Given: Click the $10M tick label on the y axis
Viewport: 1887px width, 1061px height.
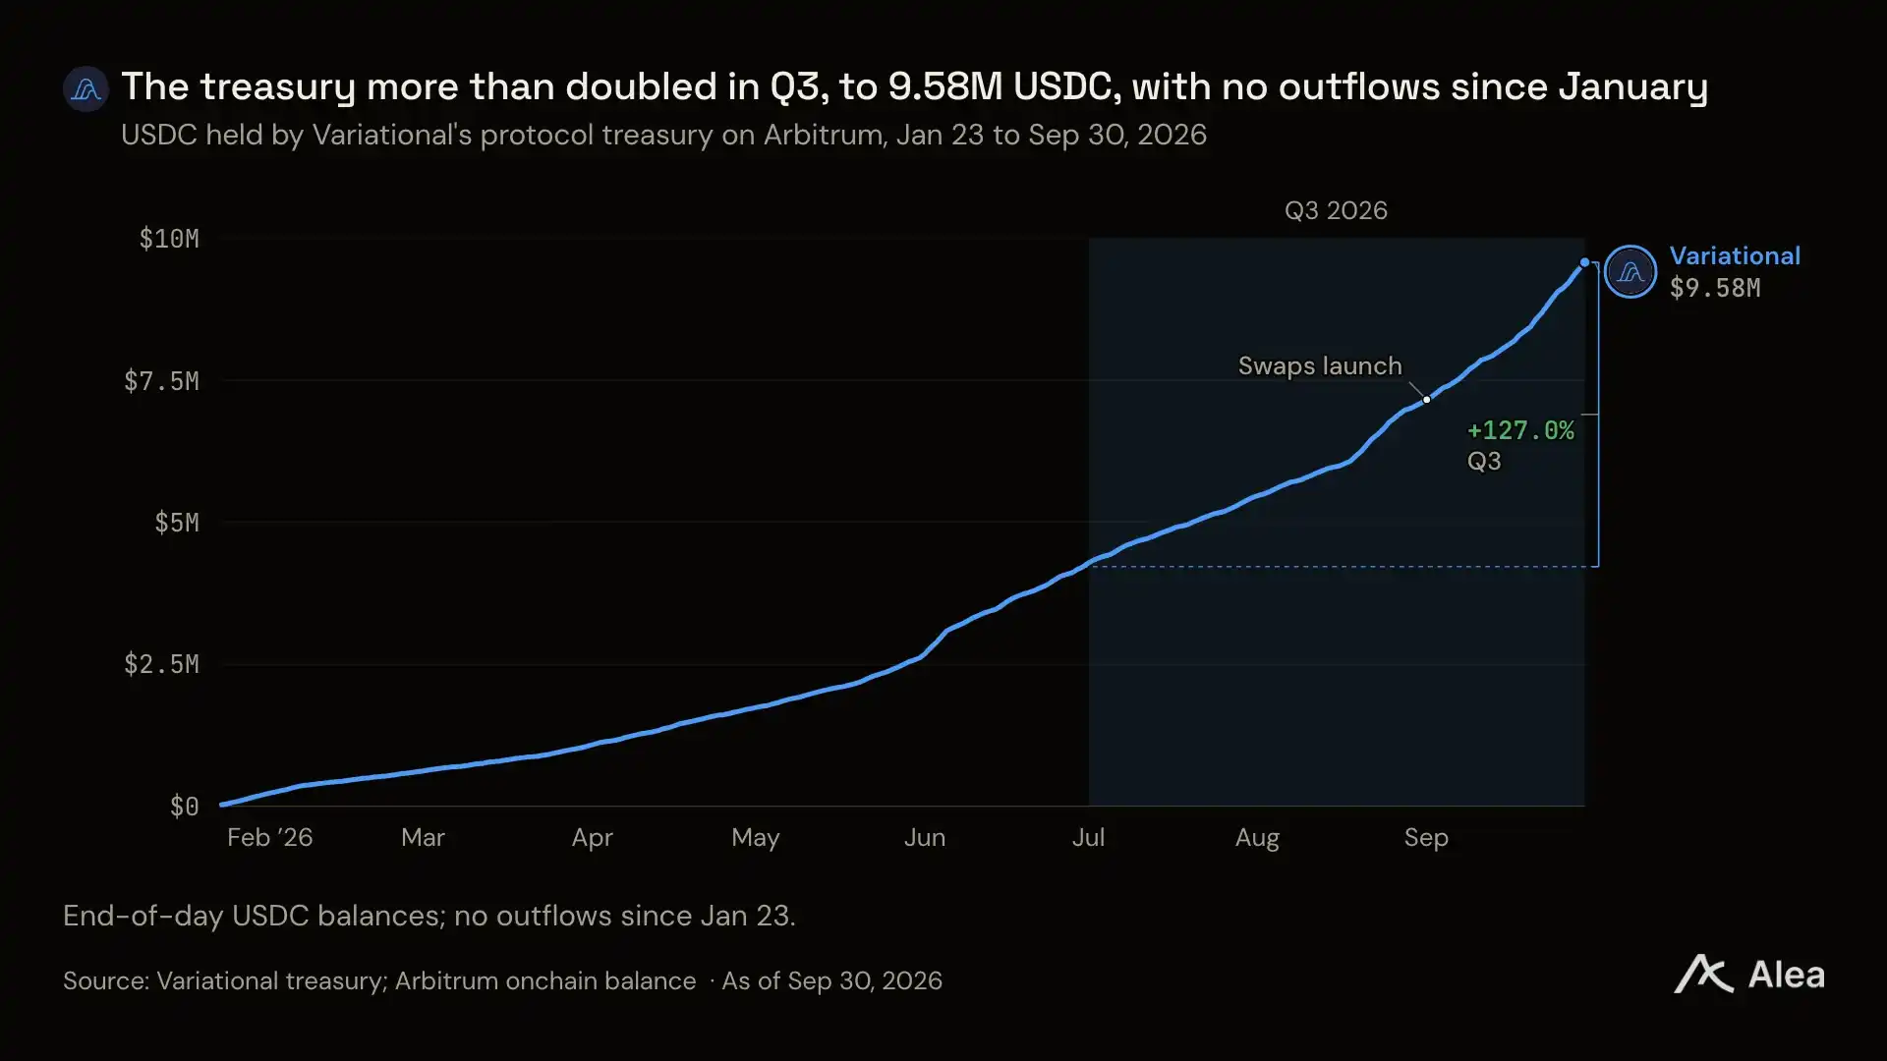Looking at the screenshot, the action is tap(169, 239).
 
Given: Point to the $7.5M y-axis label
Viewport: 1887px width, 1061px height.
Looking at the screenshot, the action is tap(161, 381).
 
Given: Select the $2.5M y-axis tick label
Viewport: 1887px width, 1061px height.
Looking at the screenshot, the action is tap(161, 665).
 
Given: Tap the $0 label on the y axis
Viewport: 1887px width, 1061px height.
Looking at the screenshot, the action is tap(185, 807).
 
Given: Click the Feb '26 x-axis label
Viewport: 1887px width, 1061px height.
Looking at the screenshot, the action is tap(269, 838).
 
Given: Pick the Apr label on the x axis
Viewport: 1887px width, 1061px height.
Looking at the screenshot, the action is tap(592, 838).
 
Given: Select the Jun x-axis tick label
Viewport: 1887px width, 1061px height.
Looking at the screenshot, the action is tap(925, 838).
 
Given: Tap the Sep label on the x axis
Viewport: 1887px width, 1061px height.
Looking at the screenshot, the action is tap(1426, 838).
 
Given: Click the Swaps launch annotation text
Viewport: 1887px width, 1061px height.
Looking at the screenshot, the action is tap(1320, 366).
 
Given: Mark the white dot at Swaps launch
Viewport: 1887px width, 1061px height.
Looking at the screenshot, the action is tap(1427, 400).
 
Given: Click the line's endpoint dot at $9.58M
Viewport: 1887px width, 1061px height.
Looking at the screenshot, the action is tap(1584, 262).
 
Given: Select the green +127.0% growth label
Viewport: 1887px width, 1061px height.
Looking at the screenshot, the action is tap(1520, 430).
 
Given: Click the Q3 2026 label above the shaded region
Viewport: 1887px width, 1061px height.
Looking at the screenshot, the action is tap(1336, 211).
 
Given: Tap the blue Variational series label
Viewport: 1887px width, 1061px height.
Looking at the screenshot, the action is tap(1735, 256).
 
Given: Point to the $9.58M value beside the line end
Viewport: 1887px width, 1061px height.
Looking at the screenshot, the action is tap(1715, 288).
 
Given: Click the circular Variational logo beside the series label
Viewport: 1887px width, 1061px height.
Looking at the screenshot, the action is tap(1630, 272).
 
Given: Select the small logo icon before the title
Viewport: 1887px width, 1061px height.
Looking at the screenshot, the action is tap(86, 89).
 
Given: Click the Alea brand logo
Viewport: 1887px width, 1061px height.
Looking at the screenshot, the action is tap(1749, 975).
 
